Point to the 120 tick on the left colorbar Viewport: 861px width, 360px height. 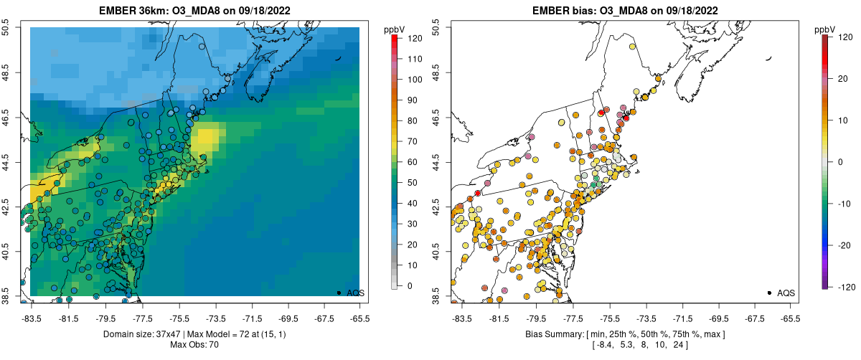point(408,39)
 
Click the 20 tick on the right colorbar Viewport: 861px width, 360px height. point(837,80)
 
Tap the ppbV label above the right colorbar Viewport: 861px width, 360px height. point(825,29)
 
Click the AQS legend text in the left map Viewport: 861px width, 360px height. point(356,293)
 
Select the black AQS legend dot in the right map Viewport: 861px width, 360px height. point(769,293)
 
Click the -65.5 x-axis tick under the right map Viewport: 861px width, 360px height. point(790,317)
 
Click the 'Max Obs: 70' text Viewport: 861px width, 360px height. point(194,345)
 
